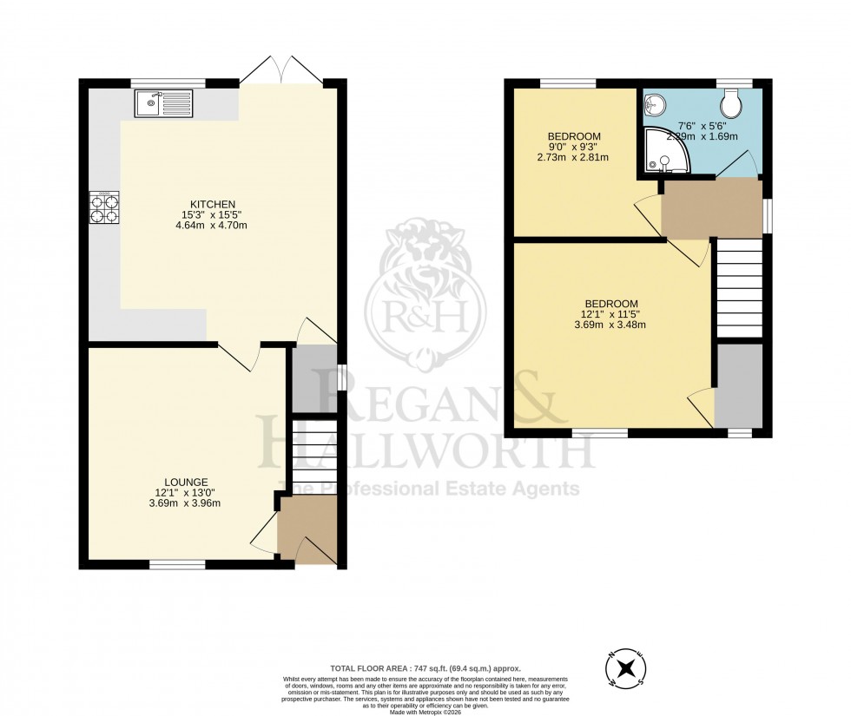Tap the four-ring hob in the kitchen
coord(104,208)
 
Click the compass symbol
coord(625,668)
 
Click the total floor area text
coord(425,668)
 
